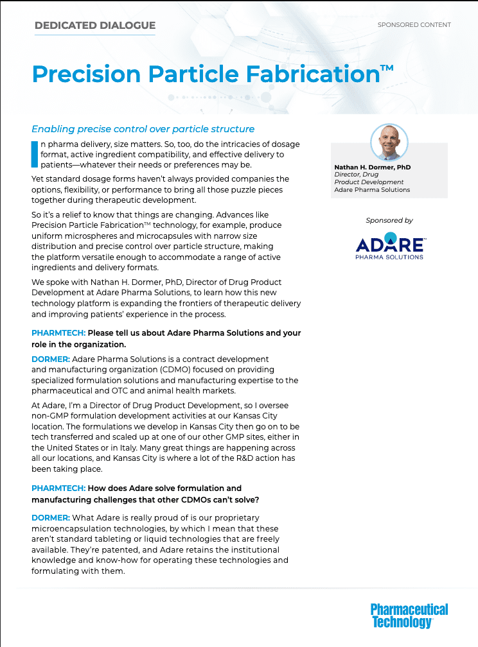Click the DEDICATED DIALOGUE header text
coord(94,26)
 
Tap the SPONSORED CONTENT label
coord(414,25)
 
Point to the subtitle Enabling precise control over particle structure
coord(143,129)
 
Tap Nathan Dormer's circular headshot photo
coord(389,142)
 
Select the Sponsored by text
coord(389,220)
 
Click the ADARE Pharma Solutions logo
coord(389,246)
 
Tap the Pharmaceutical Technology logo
coord(409,615)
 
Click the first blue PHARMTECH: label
coord(58,333)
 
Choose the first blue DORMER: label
coord(51,359)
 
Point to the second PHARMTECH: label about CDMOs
coord(58,488)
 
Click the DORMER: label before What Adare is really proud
coord(51,517)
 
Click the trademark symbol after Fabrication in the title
coord(387,67)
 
